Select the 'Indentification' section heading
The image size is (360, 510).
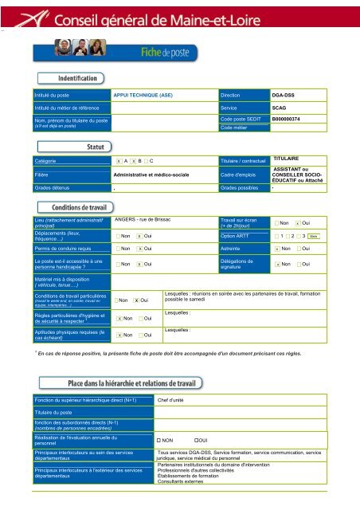tap(78, 78)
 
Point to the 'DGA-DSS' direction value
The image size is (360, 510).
tap(284, 94)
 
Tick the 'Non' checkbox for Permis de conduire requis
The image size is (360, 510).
tap(119, 249)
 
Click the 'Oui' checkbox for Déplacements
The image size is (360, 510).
tap(139, 237)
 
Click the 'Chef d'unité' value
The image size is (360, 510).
tap(174, 399)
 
